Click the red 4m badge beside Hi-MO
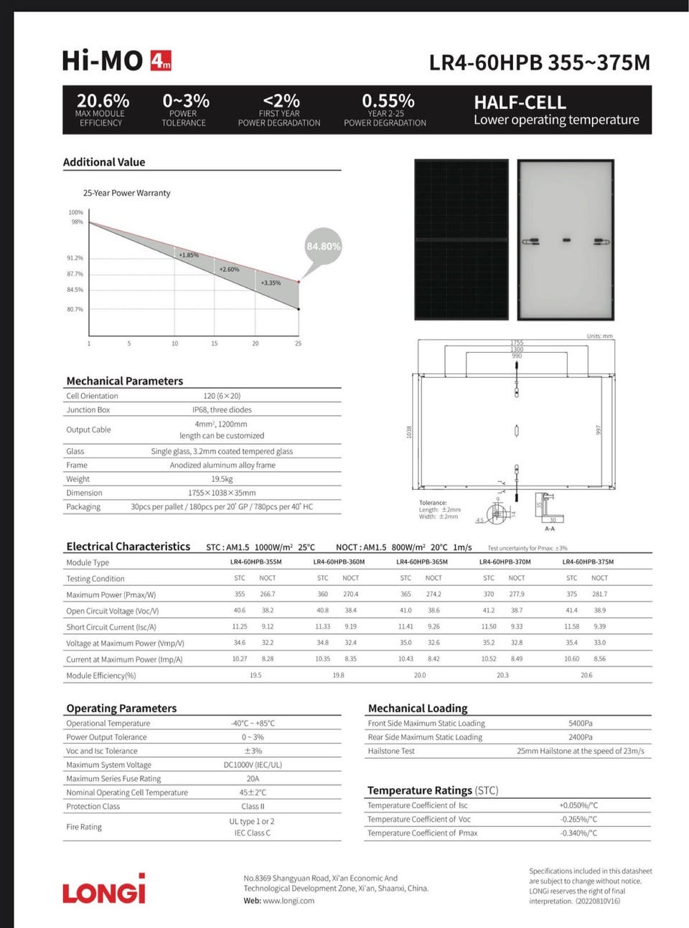(x=161, y=61)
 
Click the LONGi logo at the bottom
(x=104, y=889)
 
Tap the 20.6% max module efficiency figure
(x=103, y=101)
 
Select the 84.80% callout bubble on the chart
(x=323, y=246)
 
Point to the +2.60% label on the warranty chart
(x=229, y=269)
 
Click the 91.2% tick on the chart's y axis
(x=75, y=257)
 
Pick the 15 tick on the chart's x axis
(x=214, y=344)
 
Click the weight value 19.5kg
(x=222, y=479)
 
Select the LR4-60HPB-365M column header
(x=422, y=562)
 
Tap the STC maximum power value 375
(x=571, y=594)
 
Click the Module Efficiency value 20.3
(x=502, y=675)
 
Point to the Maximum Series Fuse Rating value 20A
(x=253, y=778)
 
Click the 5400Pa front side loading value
(x=580, y=723)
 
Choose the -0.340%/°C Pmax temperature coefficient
(x=578, y=833)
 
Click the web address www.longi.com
(x=289, y=901)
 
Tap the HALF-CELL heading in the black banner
(x=520, y=103)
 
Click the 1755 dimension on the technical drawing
(x=517, y=343)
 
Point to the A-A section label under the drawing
(x=550, y=528)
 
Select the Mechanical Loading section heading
(x=417, y=708)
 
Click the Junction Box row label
(x=88, y=409)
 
